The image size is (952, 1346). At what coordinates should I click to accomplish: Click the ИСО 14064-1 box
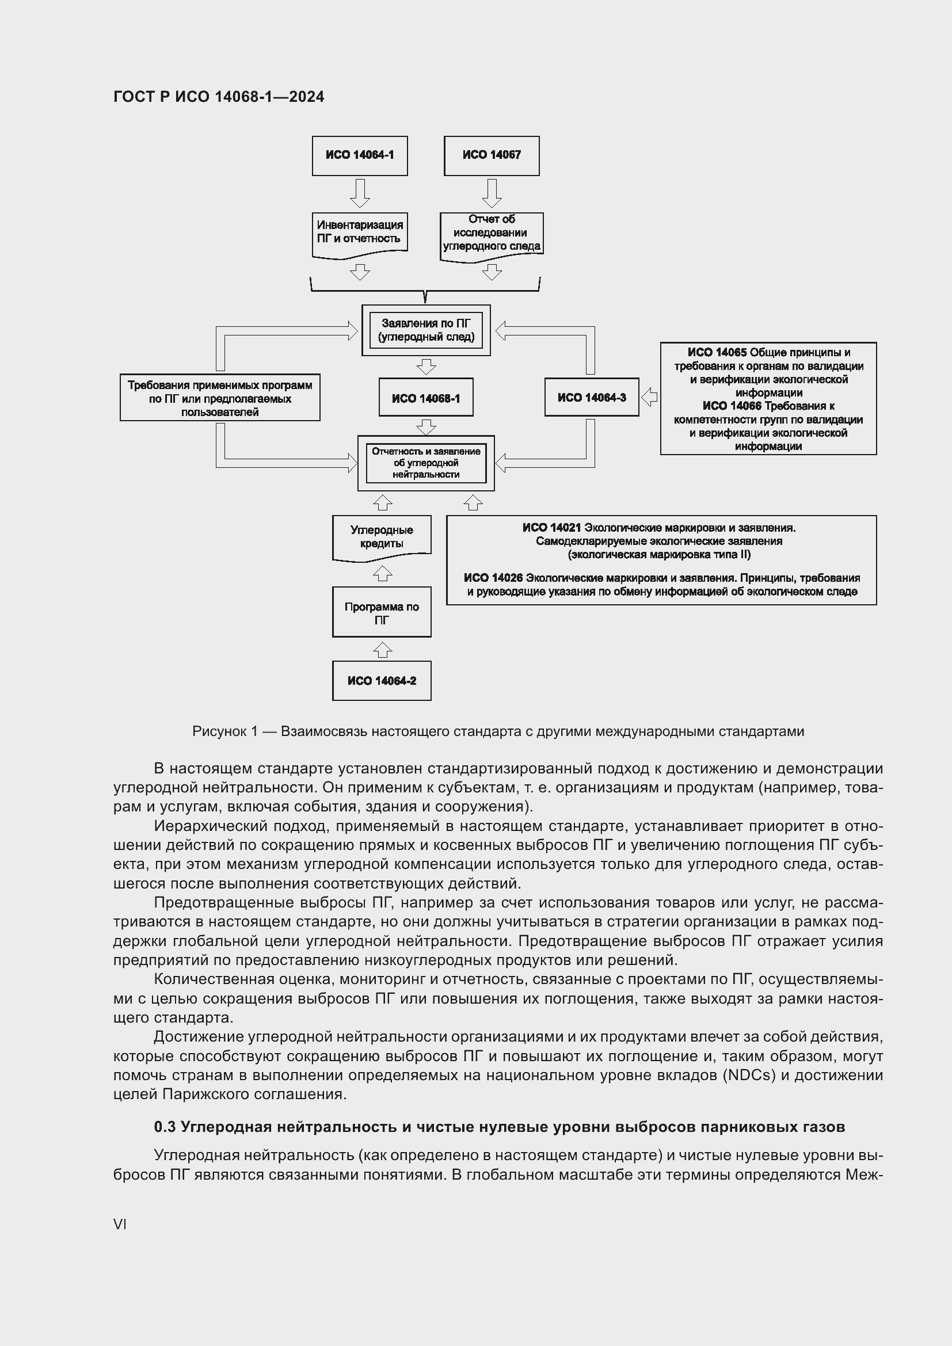coord(359,155)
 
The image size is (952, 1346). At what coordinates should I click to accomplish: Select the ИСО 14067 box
coord(491,155)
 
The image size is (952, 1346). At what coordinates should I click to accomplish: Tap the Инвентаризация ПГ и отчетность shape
coord(359,232)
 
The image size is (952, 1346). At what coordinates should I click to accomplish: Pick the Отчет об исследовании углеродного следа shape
coord(491,233)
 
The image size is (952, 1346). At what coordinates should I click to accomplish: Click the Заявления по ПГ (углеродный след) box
coord(425,330)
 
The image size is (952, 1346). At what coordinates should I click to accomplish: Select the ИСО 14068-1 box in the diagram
coord(425,398)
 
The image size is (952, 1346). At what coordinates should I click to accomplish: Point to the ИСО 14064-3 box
coord(592,398)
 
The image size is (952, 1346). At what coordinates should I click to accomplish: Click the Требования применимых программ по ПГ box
coord(220,398)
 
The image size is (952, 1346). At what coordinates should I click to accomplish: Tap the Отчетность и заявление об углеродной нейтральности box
coord(425,463)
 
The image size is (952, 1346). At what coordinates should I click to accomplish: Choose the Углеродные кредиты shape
coord(382,536)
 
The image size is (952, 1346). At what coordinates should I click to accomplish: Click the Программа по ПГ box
coord(382,613)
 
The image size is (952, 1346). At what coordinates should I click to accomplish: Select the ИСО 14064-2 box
coord(382,681)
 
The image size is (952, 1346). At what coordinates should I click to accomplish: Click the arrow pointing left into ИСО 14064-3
coord(649,397)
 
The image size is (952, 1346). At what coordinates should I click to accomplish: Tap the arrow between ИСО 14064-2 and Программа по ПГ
coord(382,650)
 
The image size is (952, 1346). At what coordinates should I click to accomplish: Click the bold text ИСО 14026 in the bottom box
coord(493,578)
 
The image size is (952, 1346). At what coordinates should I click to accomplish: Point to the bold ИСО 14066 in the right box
coord(732,406)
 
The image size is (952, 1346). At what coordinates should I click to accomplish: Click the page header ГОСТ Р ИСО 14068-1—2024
coord(219,97)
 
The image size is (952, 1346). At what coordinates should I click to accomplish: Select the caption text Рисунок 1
coord(224,731)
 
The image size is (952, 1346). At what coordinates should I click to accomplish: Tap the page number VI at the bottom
coord(120,1225)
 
